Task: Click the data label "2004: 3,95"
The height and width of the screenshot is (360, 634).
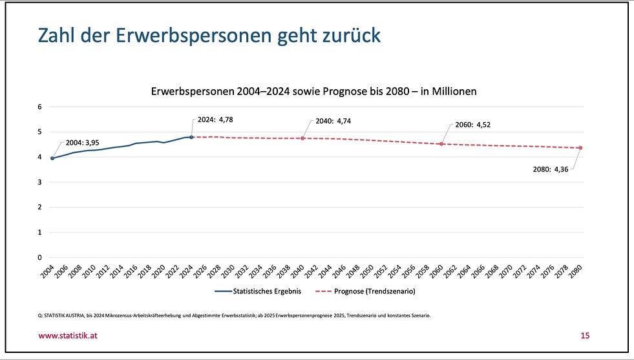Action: tap(82, 142)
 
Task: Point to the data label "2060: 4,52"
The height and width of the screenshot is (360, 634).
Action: tap(473, 125)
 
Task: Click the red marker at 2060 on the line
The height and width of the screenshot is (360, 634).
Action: tap(441, 143)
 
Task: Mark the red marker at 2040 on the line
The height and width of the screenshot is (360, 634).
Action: tap(302, 138)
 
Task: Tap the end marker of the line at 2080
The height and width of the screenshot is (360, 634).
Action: tap(580, 148)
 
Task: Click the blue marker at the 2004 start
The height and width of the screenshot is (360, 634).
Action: tap(52, 158)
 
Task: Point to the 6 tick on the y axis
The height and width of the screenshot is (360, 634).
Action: tap(41, 107)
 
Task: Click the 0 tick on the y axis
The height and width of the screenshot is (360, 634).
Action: tap(41, 257)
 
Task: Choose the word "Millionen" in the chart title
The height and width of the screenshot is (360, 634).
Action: tap(450, 92)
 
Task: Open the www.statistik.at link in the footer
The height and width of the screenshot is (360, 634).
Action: tap(69, 335)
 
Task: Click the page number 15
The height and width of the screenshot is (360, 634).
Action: tap(585, 335)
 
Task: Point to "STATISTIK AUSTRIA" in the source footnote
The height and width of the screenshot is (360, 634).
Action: tap(68, 315)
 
